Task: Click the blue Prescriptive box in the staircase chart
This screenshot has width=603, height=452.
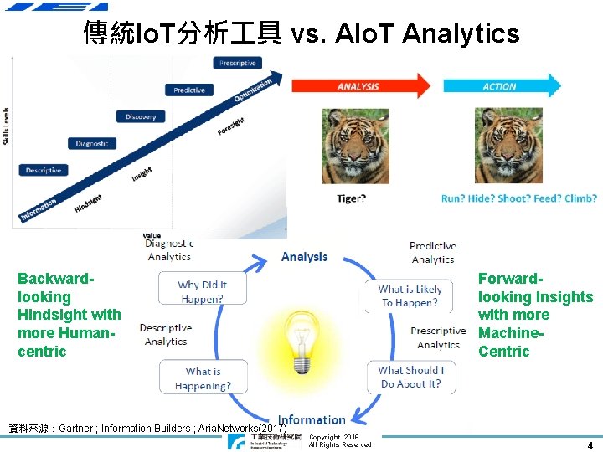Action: tap(239, 63)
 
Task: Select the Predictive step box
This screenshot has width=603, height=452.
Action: tap(189, 90)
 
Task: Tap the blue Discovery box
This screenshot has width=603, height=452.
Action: tap(141, 117)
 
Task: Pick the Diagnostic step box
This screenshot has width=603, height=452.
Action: tap(92, 143)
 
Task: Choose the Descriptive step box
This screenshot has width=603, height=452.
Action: tap(44, 170)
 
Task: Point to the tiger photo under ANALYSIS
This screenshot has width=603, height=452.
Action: tap(355, 146)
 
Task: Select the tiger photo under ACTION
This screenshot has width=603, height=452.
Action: tap(508, 146)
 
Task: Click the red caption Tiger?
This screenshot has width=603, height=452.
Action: tap(351, 198)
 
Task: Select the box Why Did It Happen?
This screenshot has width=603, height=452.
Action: tap(203, 291)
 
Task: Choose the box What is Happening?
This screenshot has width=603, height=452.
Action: tap(204, 378)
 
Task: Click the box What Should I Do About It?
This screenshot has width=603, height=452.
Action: tap(411, 377)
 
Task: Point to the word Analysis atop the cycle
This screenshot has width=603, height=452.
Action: tap(304, 257)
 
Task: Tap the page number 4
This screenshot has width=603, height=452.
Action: tap(590, 445)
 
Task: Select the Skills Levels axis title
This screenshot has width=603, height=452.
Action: tap(8, 126)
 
